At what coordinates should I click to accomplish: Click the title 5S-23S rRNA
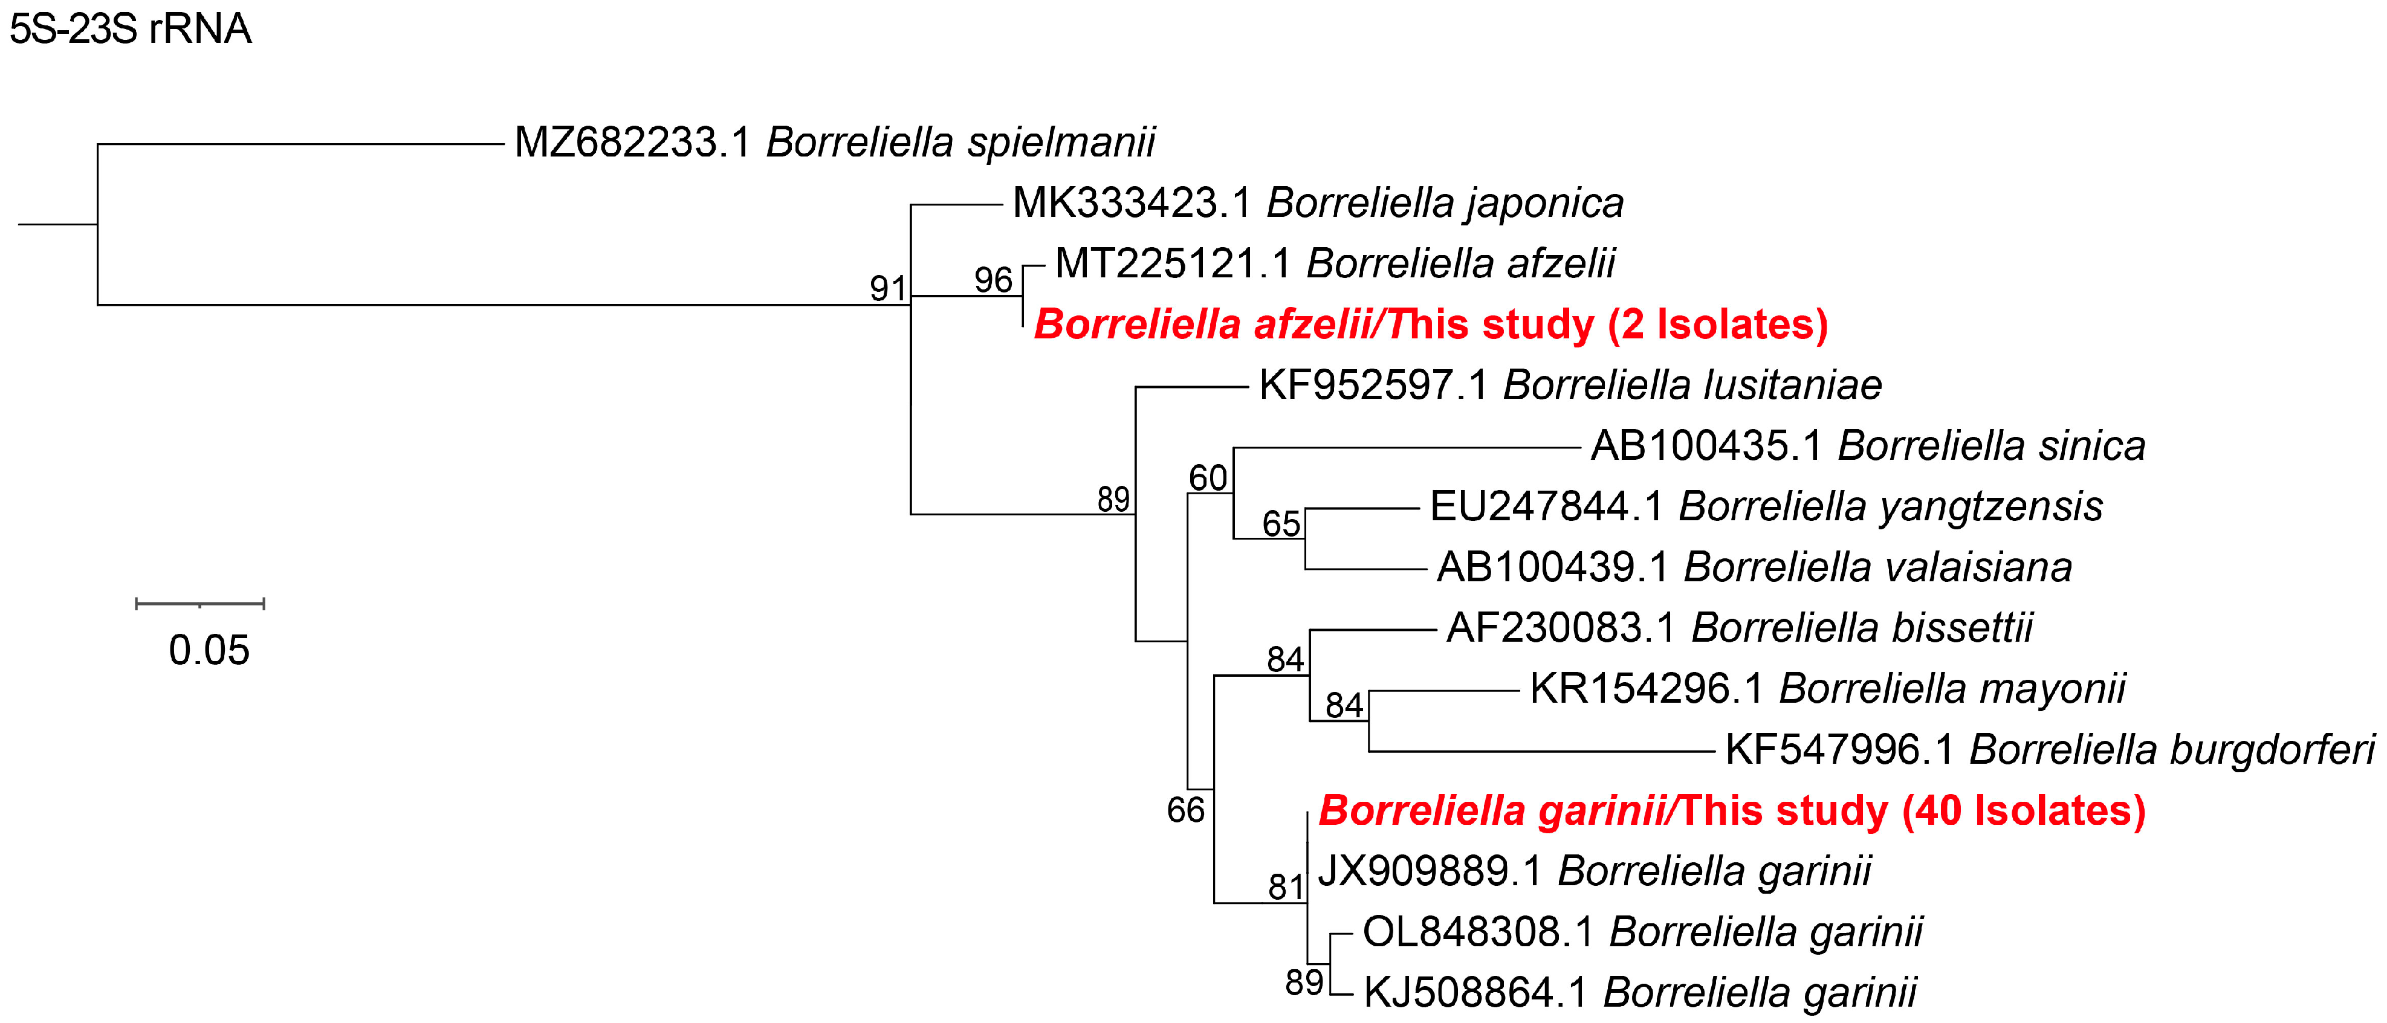pyautogui.click(x=130, y=30)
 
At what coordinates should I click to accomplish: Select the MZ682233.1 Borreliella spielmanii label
pyautogui.click(x=834, y=143)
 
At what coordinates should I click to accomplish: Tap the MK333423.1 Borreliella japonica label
pyautogui.click(x=1318, y=204)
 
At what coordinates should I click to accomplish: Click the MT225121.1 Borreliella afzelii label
pyautogui.click(x=1335, y=264)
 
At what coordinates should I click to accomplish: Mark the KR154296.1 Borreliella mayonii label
pyautogui.click(x=1827, y=688)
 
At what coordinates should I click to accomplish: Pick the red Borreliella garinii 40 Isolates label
pyautogui.click(x=1732, y=811)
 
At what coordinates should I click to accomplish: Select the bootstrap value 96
pyautogui.click(x=993, y=280)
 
